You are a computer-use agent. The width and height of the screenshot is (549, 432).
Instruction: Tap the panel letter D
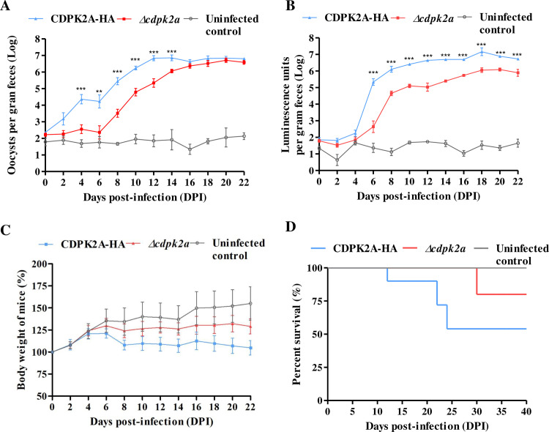[291, 227]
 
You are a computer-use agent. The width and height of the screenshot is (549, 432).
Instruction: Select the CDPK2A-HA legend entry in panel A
[72, 18]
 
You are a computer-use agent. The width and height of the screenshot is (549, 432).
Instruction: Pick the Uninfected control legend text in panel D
[523, 255]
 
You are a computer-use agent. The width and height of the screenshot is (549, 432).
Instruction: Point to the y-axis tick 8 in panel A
[37, 39]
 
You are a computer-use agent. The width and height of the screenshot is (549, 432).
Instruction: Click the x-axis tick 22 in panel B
[518, 182]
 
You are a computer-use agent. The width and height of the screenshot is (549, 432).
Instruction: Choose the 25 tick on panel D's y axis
[317, 367]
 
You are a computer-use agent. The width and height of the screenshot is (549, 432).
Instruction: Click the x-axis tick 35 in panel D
[501, 411]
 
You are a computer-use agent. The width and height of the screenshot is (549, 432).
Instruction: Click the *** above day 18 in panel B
[482, 45]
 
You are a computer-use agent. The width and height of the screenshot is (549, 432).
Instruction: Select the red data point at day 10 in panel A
[135, 92]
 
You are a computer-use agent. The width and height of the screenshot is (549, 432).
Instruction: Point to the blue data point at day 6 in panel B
[373, 82]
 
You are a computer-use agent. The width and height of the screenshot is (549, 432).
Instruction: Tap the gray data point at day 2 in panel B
[337, 160]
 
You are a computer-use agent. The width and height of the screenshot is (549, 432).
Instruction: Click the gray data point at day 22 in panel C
[250, 303]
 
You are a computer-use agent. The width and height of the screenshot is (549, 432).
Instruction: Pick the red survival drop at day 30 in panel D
[477, 281]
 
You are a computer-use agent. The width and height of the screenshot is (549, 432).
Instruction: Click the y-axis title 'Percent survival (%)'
[297, 334]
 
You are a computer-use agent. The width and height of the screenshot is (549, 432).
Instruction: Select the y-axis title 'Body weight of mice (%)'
[22, 329]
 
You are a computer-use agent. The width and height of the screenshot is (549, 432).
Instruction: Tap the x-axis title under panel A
[145, 197]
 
